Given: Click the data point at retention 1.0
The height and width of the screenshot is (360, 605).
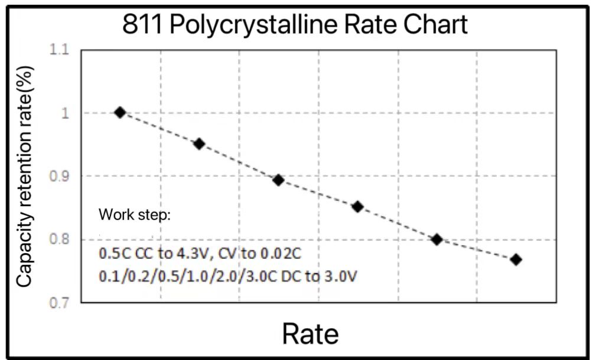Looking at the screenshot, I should tap(120, 112).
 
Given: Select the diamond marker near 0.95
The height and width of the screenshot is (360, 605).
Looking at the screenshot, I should tap(199, 144).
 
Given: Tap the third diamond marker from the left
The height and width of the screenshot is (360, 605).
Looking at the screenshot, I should tap(278, 180).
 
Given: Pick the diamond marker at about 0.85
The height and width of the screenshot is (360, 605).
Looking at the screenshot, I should tap(357, 207).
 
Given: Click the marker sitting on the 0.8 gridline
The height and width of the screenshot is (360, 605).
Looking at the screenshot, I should tap(437, 239).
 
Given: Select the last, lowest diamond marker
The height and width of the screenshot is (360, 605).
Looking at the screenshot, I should tap(516, 260).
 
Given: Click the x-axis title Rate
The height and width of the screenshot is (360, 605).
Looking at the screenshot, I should tap(310, 334).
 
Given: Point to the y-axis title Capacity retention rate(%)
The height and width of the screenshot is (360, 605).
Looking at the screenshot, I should tap(24, 176).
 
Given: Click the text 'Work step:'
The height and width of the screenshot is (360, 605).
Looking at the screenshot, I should tap(135, 214).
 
